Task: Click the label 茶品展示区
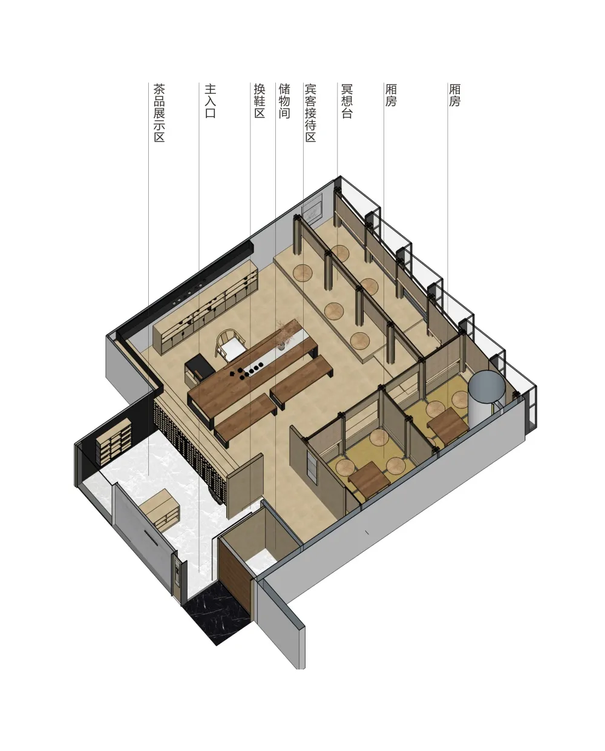[x=159, y=113]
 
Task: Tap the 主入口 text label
[x=211, y=100]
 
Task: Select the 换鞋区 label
[x=260, y=100]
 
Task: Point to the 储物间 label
[x=284, y=100]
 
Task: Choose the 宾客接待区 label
[x=310, y=113]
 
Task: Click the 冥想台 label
[x=347, y=100]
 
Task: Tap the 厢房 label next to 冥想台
[x=391, y=95]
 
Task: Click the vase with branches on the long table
[x=283, y=333]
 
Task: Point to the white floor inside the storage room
[x=260, y=561]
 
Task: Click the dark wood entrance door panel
[x=235, y=573]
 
